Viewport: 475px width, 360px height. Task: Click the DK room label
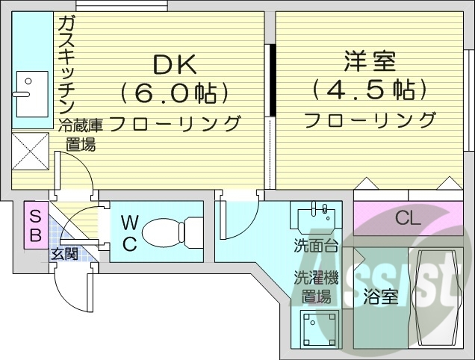175,65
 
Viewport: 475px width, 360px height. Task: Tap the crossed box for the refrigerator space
30,152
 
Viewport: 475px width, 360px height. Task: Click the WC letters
128,233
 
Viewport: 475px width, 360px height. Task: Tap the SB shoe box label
34,224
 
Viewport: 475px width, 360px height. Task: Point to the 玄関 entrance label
64,254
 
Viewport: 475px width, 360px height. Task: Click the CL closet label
408,219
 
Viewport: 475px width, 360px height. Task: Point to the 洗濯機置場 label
316,287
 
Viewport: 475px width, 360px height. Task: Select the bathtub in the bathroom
435,297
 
